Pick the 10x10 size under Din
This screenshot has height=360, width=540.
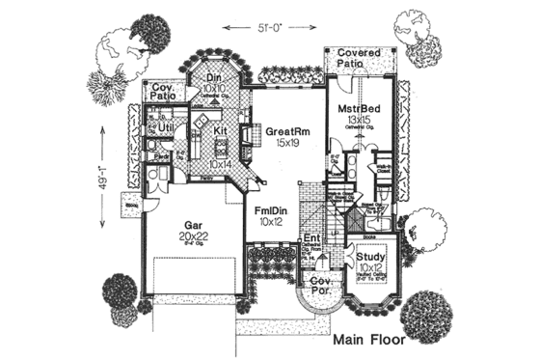[215, 88]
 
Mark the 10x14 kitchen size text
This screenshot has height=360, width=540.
[220, 165]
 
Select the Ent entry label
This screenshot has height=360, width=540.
[311, 237]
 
